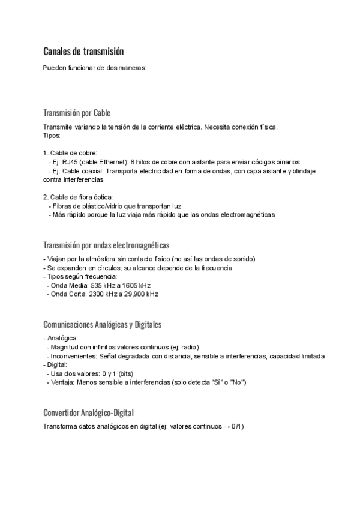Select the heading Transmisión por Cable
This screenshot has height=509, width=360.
pos(77,113)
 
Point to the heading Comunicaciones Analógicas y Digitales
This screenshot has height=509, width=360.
pos(103,324)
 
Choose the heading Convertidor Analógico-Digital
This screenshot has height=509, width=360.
pos(88,412)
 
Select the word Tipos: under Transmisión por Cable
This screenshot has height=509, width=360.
pos(52,136)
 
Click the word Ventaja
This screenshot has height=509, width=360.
pos(62,382)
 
